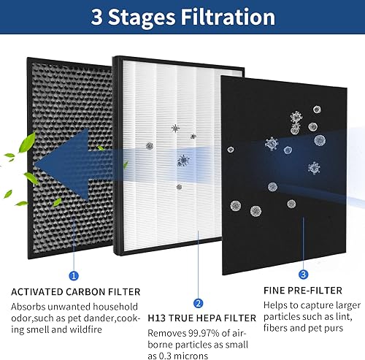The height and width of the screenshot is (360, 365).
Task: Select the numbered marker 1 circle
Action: click(x=72, y=275)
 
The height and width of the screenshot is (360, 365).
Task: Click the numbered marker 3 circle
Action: click(x=303, y=275)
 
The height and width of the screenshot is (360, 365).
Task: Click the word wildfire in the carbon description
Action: click(x=102, y=328)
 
